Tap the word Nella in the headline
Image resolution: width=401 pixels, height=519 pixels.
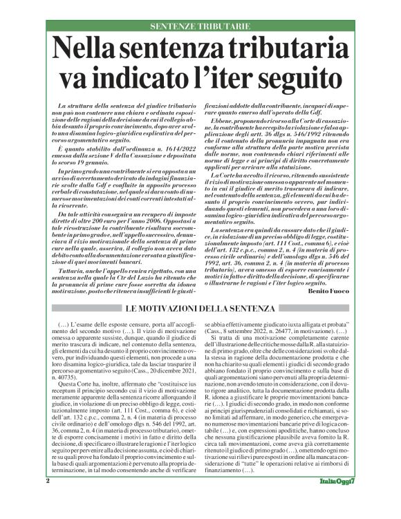pos(89,50)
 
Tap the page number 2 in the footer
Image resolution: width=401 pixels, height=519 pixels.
pos(48,499)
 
